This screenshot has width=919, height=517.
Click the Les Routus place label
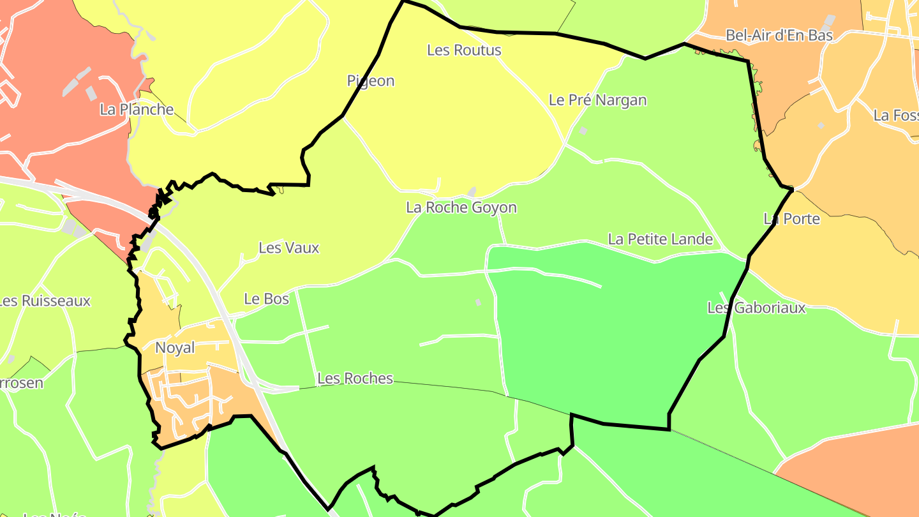464,50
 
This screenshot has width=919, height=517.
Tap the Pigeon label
371,81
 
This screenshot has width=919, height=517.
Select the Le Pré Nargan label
597,100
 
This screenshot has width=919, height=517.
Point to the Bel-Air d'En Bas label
779,35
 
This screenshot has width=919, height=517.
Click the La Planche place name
137,109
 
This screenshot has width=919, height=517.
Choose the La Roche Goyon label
461,207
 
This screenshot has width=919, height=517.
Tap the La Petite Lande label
660,239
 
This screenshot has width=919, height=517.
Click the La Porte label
791,219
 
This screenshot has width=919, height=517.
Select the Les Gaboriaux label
756,308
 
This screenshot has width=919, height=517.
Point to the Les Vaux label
288,248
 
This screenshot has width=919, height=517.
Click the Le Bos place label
267,299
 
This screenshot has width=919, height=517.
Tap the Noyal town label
175,348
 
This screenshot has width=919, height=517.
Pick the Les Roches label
355,378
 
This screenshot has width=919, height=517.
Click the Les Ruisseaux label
45,301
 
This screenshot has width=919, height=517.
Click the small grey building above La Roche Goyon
472,191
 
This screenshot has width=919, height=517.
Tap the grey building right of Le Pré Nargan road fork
583,130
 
